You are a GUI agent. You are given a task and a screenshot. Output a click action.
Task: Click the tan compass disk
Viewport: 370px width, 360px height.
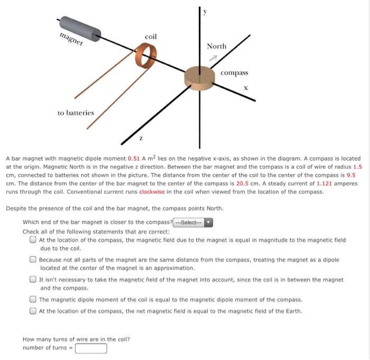coord(200,76)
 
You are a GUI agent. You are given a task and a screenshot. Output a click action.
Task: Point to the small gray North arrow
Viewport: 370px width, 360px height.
coord(214,58)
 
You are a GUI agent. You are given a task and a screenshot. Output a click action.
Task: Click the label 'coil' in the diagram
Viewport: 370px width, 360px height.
coord(151,36)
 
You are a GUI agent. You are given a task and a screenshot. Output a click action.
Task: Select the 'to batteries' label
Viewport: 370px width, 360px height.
coord(76,113)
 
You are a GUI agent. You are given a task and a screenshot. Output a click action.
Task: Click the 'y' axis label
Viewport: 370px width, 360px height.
coord(207,10)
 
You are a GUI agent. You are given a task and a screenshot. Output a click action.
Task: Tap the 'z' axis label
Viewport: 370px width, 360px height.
coord(140,137)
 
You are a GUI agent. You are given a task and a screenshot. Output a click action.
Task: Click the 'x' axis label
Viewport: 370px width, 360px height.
coord(246,88)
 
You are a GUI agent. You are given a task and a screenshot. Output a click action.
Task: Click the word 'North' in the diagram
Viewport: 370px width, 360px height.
coord(216,47)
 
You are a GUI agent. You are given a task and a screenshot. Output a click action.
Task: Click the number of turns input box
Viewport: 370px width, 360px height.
coord(91,348)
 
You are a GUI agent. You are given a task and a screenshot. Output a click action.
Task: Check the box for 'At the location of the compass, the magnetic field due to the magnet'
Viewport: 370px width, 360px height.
coord(33,240)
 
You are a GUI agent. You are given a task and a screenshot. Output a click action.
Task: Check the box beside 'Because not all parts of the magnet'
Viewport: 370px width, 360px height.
coord(33,260)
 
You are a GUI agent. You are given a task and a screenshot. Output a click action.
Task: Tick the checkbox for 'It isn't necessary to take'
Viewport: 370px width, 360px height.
coord(33,280)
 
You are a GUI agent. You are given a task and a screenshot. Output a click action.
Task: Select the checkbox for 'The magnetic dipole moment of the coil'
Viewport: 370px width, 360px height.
coord(33,300)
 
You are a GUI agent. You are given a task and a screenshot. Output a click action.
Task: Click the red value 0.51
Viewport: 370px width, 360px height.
coord(134,159)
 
